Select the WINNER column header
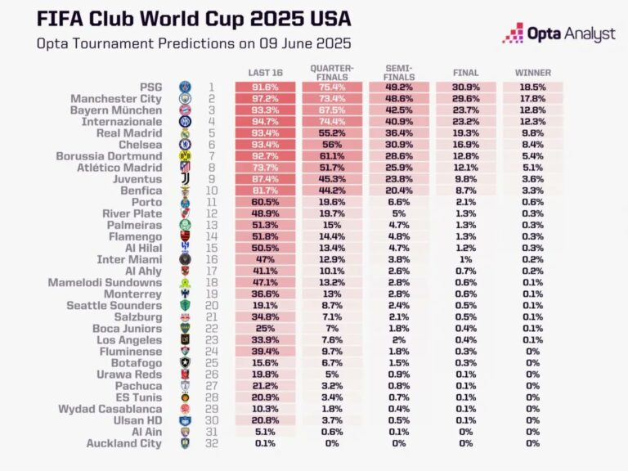[532, 72]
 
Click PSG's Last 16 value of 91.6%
[265, 87]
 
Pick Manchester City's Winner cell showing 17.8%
[532, 98]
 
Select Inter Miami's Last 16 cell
[265, 258]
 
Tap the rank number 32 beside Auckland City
[210, 444]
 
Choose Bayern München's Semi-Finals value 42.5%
[398, 110]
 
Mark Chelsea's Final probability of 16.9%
[465, 145]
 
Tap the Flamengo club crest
[186, 237]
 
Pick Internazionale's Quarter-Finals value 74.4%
[331, 121]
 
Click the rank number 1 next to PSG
[210, 87]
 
